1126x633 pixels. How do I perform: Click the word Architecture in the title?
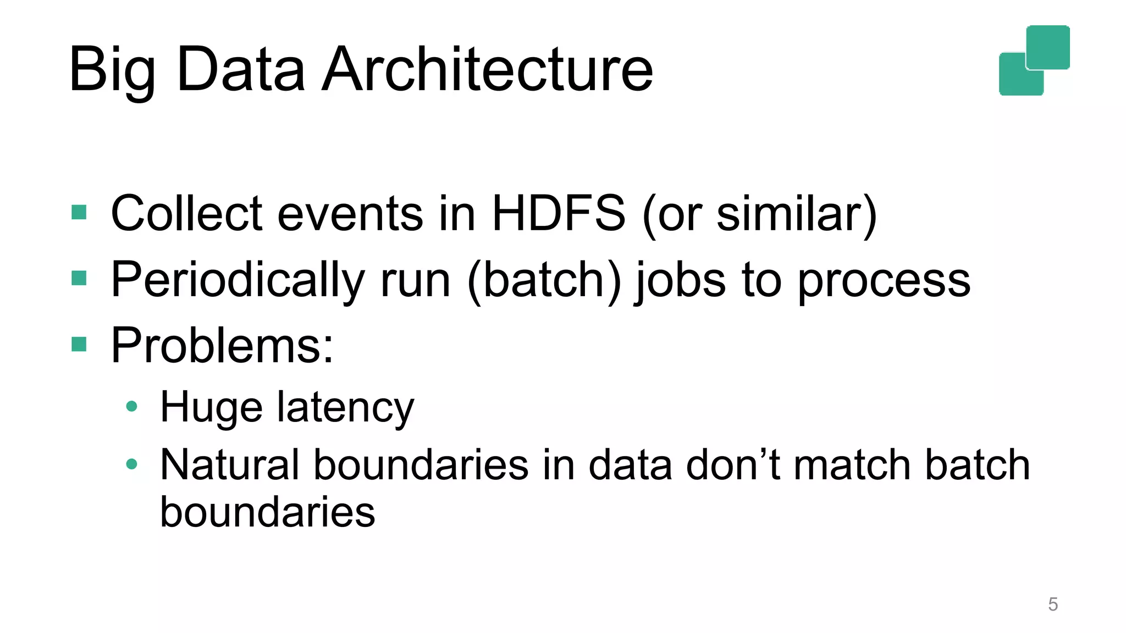click(488, 70)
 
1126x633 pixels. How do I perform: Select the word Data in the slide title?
click(241, 70)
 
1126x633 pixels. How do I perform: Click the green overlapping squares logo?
click(1034, 60)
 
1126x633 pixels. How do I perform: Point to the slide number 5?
click(1053, 604)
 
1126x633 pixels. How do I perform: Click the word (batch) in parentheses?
click(544, 280)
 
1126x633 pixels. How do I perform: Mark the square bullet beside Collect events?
click(79, 212)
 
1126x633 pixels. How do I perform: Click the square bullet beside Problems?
click(79, 345)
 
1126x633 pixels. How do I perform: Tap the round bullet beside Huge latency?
click(131, 407)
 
